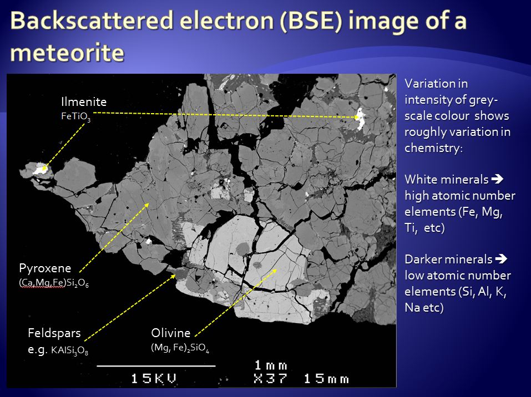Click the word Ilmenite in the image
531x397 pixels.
coord(84,101)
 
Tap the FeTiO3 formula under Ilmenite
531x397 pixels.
coord(76,117)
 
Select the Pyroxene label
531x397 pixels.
coord(45,268)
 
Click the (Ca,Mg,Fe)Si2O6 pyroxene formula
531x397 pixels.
coord(54,283)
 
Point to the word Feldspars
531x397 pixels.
coord(54,333)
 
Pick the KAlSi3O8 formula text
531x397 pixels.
coord(70,350)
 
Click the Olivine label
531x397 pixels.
coord(171,333)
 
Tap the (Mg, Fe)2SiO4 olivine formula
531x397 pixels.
coord(180,348)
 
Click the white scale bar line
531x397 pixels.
coord(156,366)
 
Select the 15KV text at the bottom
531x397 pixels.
coord(154,378)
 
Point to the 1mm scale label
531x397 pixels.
coord(271,365)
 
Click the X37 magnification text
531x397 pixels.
coord(271,378)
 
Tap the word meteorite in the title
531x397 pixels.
coord(67,53)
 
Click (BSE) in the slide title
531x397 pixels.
coord(311,21)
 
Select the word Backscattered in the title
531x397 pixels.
coord(91,21)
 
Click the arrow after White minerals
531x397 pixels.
coord(497,179)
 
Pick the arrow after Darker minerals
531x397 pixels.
coord(501,259)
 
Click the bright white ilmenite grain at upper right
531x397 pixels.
coord(360,119)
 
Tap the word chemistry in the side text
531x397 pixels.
coord(433,148)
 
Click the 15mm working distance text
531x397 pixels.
coord(326,378)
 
